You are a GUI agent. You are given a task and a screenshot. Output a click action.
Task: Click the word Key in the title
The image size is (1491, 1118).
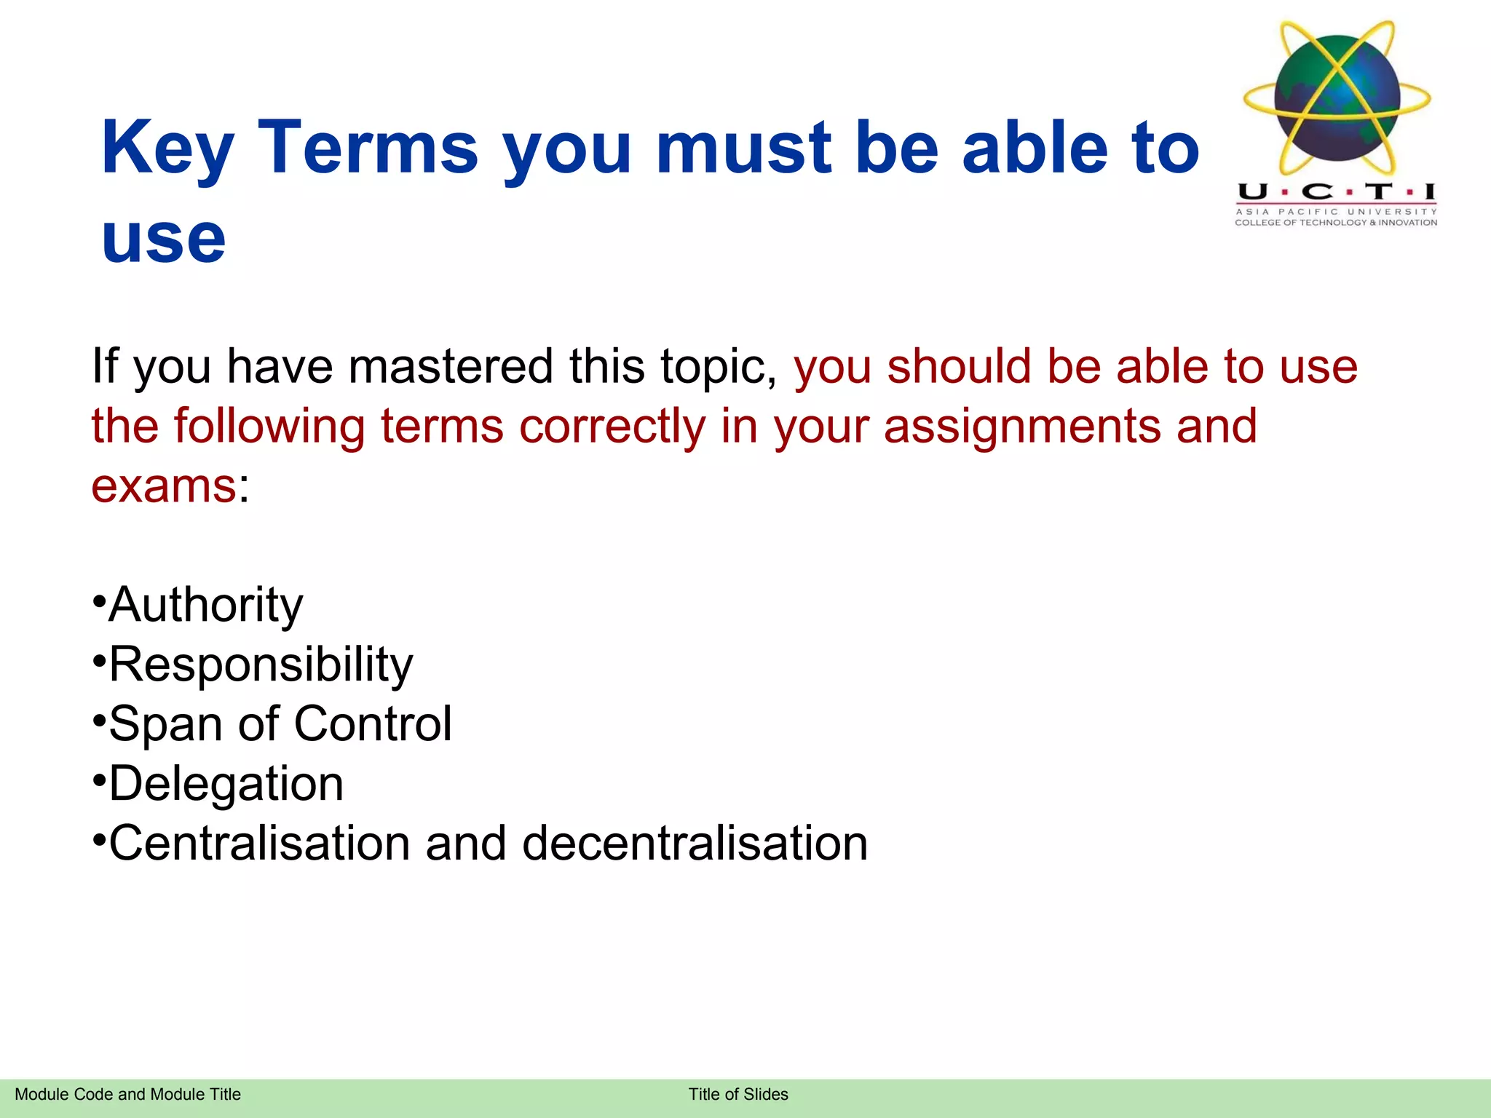[167, 149]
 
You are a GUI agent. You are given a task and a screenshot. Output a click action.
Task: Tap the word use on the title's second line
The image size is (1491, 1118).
[164, 240]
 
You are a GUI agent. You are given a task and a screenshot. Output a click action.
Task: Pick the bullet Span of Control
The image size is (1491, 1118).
[280, 723]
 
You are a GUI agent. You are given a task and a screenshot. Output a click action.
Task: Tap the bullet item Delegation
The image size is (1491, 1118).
[226, 784]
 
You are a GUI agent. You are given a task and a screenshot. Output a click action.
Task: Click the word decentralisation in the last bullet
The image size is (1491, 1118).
[695, 843]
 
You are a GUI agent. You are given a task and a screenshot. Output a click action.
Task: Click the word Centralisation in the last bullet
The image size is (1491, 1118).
[259, 843]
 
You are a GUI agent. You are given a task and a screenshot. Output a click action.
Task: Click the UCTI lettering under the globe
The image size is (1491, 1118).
[1336, 192]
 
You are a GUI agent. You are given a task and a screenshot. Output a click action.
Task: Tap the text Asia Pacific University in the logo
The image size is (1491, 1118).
[1336, 212]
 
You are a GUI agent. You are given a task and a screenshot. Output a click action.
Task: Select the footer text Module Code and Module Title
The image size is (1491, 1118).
[127, 1094]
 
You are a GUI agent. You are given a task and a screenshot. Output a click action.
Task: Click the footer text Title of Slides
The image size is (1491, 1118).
[738, 1094]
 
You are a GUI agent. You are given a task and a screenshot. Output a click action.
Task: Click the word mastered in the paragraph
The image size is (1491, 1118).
[451, 366]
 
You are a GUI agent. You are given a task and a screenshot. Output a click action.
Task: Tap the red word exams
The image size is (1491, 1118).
[163, 485]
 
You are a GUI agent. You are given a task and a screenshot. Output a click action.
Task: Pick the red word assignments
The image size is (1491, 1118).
[1022, 426]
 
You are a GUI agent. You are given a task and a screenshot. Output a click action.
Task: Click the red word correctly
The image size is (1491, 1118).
[612, 427]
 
